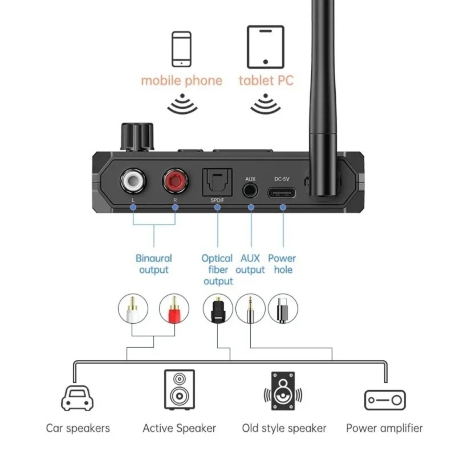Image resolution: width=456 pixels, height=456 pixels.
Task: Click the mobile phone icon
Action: pyautogui.click(x=181, y=50)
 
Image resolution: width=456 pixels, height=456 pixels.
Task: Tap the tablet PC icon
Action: pyautogui.click(x=265, y=46)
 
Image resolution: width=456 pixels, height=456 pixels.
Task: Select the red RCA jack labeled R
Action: pyautogui.click(x=175, y=182)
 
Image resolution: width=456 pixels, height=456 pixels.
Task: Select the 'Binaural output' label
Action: pyautogui.click(x=154, y=264)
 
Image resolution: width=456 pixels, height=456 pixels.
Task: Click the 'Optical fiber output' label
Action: pyautogui.click(x=217, y=270)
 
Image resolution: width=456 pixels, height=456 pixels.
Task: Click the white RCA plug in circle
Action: pyautogui.click(x=133, y=309)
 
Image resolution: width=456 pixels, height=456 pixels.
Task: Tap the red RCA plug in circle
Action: pyautogui.click(x=174, y=309)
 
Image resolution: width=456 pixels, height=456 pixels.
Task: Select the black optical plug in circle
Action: pyautogui.click(x=218, y=309)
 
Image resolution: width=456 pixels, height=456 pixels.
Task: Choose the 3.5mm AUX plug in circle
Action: pyautogui.click(x=250, y=309)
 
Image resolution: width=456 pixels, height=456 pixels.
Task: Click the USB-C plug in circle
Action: pyautogui.click(x=283, y=309)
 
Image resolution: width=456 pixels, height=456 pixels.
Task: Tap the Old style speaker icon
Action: pyautogui.click(x=283, y=392)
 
